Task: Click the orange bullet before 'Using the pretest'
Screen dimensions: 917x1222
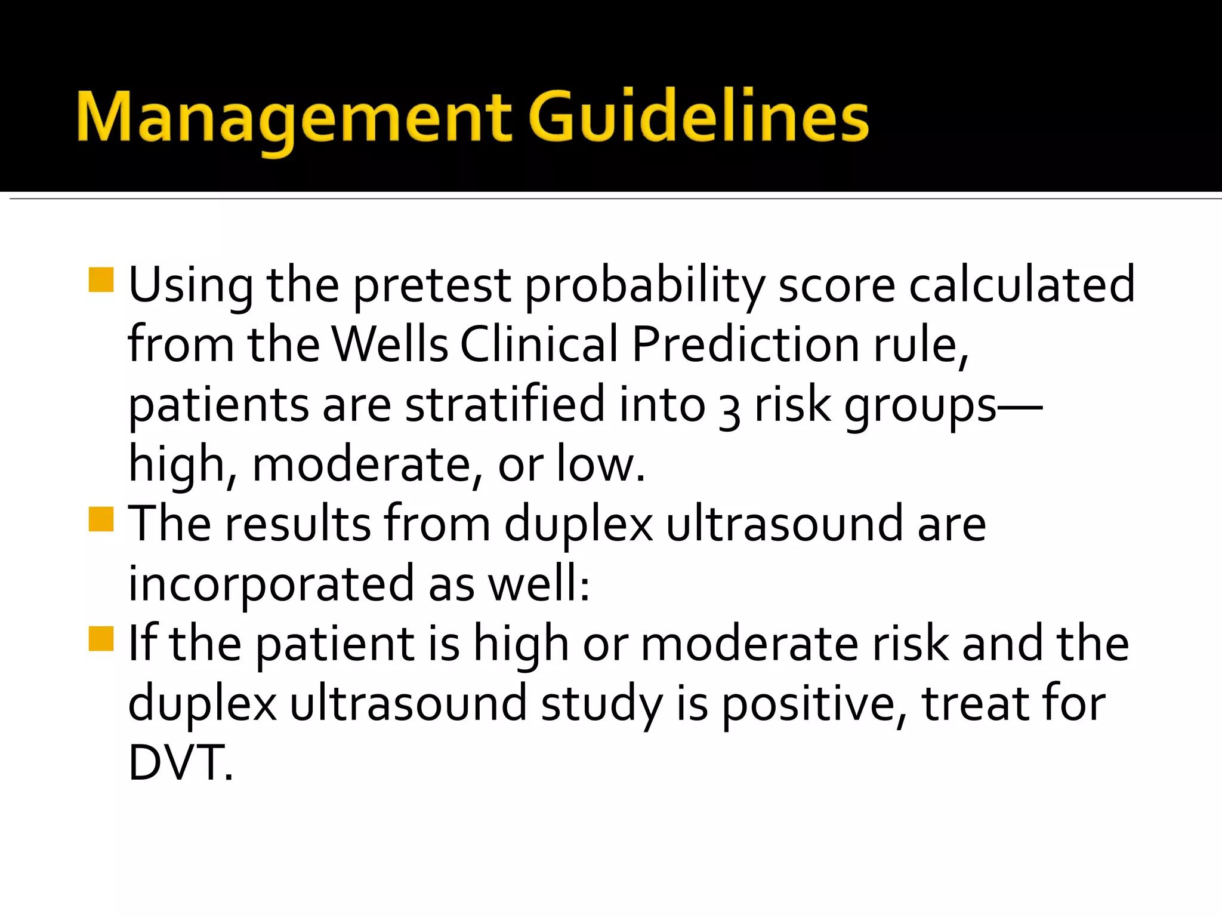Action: click(101, 280)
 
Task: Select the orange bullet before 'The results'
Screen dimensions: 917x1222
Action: click(101, 519)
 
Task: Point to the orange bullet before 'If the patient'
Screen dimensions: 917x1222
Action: click(101, 638)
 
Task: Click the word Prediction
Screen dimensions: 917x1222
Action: click(746, 344)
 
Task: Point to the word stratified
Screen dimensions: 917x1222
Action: click(505, 404)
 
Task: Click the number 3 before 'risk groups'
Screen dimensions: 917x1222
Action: click(729, 410)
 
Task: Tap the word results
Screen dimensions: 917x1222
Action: click(298, 524)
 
